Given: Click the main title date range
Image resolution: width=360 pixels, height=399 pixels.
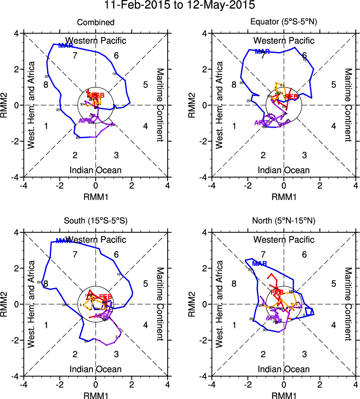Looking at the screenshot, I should click(180, 5).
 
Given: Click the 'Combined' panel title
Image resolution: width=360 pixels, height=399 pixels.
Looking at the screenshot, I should click(96, 23).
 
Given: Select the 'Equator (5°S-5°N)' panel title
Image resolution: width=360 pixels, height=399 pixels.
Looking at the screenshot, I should click(284, 22).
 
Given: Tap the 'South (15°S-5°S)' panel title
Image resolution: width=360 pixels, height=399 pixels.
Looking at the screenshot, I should click(96, 221).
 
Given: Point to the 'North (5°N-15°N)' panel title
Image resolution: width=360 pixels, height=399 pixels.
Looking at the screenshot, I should click(284, 221).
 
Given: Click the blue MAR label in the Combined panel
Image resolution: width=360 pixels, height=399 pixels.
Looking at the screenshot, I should click(66, 46).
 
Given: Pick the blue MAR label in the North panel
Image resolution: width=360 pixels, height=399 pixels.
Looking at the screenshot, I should click(259, 263).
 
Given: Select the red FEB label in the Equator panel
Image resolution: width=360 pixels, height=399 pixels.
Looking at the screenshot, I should click(291, 97).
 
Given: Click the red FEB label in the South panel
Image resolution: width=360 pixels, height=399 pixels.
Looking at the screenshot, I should click(105, 296).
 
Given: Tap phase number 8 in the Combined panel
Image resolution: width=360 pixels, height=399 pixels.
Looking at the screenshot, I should click(46, 84).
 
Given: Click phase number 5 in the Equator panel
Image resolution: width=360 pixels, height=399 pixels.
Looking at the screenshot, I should click(333, 84).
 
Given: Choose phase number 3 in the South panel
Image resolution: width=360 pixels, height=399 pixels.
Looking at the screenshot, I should click(116, 354).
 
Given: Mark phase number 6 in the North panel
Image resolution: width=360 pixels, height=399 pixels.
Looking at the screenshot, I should click(304, 254).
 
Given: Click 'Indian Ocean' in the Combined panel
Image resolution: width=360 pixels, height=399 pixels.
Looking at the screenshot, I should click(96, 170).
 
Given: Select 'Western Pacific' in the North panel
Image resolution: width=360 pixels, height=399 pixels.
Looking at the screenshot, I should click(284, 239).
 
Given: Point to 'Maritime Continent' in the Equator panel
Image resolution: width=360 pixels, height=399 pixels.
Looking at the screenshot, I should click(348, 105).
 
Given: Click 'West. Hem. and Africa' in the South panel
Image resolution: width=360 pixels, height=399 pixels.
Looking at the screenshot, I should click(32, 304).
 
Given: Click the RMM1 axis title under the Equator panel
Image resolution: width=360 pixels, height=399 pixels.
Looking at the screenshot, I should click(284, 196).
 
